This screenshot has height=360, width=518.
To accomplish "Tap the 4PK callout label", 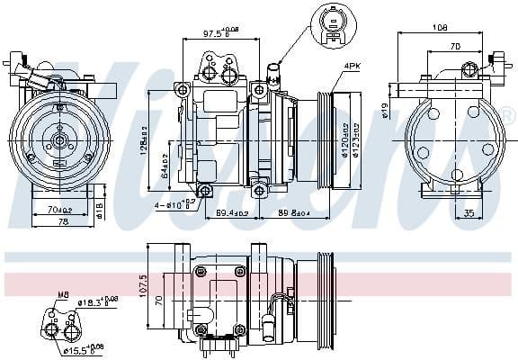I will click(x=351, y=66).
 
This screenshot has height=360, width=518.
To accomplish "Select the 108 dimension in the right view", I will click(x=441, y=28).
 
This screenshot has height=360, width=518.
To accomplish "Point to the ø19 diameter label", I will click(x=384, y=111).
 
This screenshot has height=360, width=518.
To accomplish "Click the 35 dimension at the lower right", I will click(x=469, y=213).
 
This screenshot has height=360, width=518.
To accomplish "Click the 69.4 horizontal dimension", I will click(x=231, y=212).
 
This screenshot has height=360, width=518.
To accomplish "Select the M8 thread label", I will click(x=63, y=292).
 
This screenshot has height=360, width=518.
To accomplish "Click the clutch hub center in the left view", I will click(x=58, y=139).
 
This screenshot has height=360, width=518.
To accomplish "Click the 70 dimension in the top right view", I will click(x=455, y=45).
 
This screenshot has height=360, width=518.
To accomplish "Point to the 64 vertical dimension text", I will click(x=164, y=162).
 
